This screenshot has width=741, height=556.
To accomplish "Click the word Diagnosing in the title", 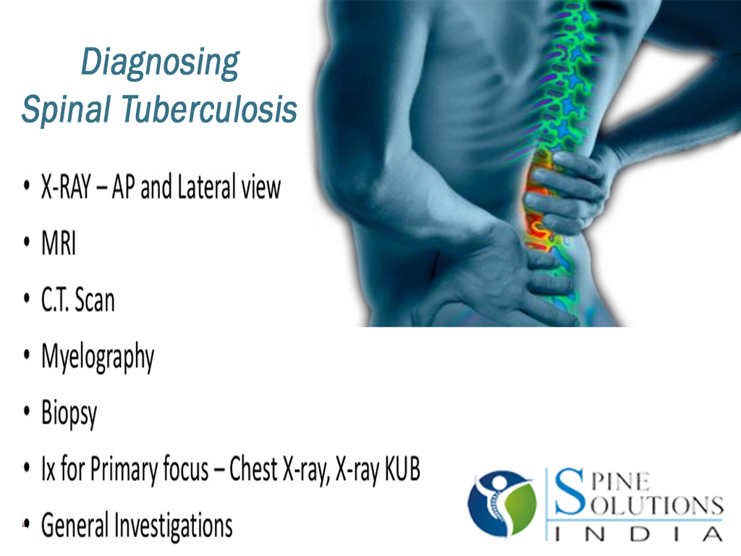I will tap(159, 64).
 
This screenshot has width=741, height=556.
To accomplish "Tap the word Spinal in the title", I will tap(66, 110).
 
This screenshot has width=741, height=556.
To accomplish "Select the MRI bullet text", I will tap(59, 244).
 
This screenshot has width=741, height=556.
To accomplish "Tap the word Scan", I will tap(95, 300).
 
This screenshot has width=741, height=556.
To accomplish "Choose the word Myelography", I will tap(98, 358).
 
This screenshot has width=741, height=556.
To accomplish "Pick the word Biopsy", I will tap(69, 415).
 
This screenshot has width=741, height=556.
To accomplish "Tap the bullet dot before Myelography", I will tap(27, 356).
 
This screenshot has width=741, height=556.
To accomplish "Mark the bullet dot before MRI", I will tap(27, 244).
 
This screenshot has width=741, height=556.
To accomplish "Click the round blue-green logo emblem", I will tap(501, 502).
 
